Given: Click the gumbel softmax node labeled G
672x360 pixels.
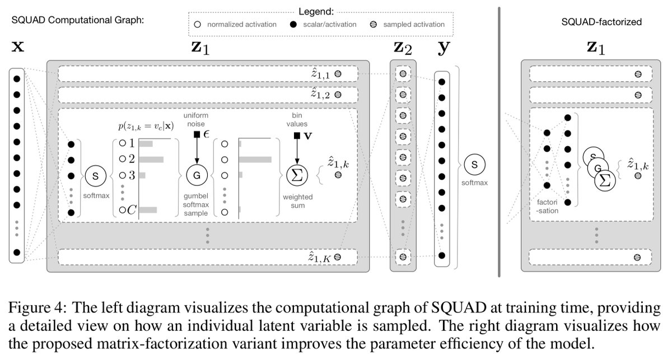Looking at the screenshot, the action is tap(197, 175).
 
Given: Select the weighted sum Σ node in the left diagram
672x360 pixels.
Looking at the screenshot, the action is tap(297, 175).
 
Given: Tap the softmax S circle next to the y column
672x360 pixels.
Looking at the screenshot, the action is tap(474, 165).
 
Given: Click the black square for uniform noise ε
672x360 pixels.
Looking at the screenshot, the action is tap(197, 134).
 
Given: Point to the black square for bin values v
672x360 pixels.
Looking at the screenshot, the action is tap(297, 135).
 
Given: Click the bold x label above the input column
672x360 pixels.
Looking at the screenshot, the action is tap(18, 46).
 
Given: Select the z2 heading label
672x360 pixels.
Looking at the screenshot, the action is tap(403, 48).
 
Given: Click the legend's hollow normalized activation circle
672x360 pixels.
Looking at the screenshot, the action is tap(197, 25).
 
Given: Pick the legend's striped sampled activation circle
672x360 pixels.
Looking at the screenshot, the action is tap(373, 25).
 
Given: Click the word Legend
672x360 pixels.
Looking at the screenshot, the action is tap(316, 12).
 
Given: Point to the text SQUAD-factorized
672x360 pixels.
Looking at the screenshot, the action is tap(601, 22).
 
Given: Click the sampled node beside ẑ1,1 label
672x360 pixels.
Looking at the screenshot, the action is tap(338, 74).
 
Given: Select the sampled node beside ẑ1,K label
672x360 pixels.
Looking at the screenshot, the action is tap(338, 257).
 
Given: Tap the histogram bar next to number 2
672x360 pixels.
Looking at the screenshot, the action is tap(152, 160).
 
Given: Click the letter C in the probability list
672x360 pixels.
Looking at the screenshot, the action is tap(132, 210).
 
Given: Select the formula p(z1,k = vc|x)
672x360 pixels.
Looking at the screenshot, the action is tap(146, 126).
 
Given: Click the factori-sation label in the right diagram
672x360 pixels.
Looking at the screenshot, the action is tap(547, 207).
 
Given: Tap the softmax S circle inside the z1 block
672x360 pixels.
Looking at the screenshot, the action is tap(95, 176).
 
